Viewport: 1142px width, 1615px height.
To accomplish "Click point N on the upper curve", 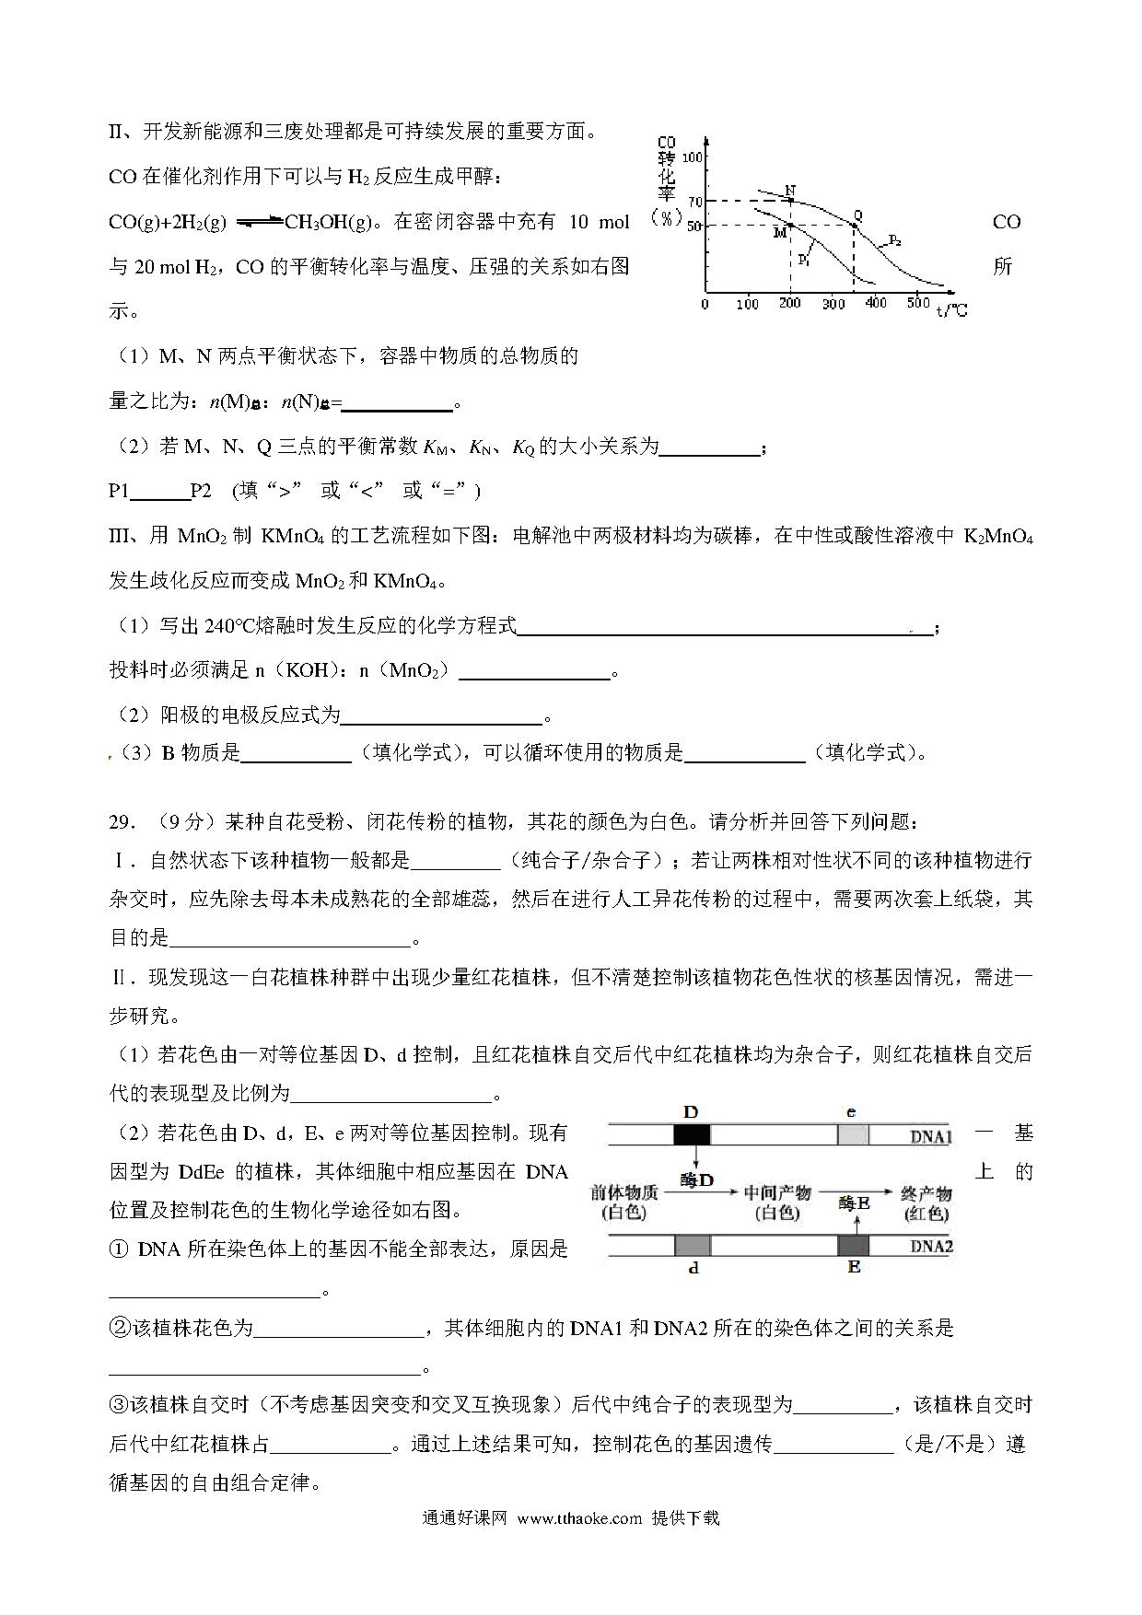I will tap(791, 200).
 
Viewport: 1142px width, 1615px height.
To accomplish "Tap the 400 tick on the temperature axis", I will tap(876, 303).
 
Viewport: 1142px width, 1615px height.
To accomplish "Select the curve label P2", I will tap(894, 242).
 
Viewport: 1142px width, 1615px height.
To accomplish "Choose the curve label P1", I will tap(803, 261).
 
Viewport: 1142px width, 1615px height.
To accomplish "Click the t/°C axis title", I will tap(952, 310).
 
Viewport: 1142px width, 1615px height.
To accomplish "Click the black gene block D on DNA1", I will tap(691, 1134).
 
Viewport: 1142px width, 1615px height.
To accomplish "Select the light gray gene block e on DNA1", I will tap(853, 1134).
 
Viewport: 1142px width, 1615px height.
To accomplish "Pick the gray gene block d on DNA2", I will tap(693, 1245).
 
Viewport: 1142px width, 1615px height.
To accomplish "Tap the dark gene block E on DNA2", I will tap(854, 1245).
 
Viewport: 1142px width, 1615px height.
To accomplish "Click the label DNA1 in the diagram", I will tap(930, 1136).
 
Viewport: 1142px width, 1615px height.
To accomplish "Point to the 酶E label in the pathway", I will tap(855, 1203).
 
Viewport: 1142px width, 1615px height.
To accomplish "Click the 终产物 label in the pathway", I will tap(926, 1193).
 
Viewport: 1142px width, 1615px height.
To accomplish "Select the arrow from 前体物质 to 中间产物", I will tap(702, 1193).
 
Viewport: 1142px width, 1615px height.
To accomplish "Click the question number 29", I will tap(122, 821).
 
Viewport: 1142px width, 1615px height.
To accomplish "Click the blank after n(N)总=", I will tap(398, 401).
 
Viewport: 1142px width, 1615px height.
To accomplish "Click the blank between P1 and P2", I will tap(160, 491).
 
